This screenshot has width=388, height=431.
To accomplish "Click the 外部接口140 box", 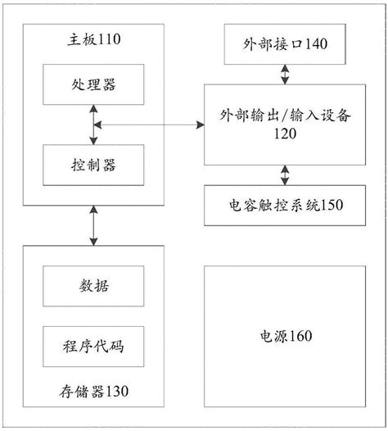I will pyautogui.click(x=285, y=46).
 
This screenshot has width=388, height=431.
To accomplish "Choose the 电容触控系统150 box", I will pyautogui.click(x=285, y=204).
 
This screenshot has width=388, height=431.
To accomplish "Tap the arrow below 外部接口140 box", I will pyautogui.click(x=285, y=74).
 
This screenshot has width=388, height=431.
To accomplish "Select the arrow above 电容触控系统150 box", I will pyautogui.click(x=285, y=175).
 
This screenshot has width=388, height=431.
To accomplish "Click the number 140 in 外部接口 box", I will pyautogui.click(x=315, y=46).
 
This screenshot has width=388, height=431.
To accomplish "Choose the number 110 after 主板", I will pyautogui.click(x=111, y=38).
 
